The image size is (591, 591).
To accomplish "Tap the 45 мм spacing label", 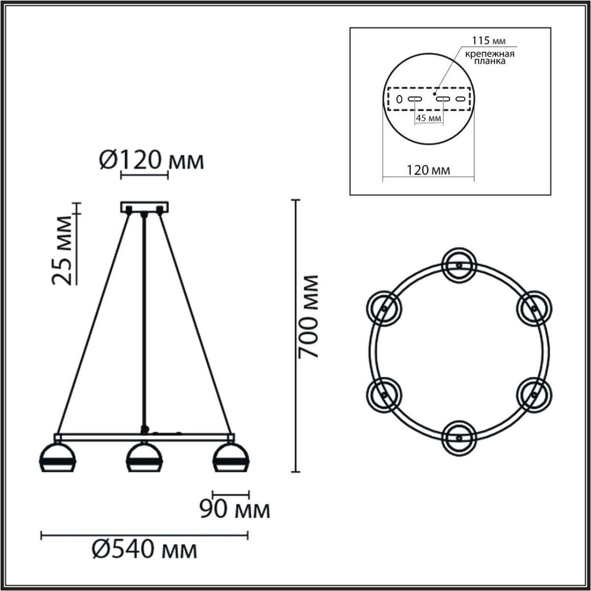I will [x=428, y=118].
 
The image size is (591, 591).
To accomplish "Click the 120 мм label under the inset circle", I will [x=428, y=170].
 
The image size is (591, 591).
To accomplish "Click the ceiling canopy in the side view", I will [x=144, y=207].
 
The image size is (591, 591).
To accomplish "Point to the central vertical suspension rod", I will [x=144, y=320].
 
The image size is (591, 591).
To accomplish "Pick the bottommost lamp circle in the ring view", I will [x=459, y=437].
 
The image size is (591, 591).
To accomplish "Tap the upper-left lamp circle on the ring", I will [x=384, y=308].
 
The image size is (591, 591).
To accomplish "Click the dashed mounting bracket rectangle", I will [x=428, y=99].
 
